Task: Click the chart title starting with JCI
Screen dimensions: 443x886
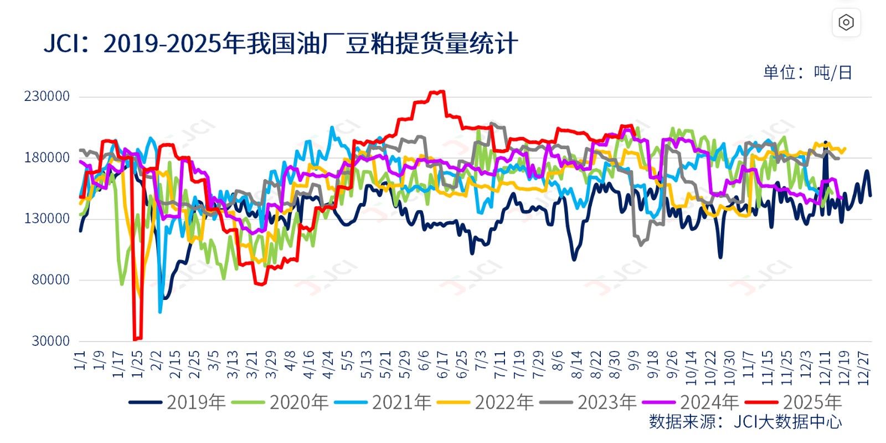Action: pos(281,44)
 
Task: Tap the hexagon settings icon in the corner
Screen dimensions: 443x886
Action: pos(846,23)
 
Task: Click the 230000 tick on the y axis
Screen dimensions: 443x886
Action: pos(47,96)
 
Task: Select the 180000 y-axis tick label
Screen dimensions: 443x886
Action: pos(47,157)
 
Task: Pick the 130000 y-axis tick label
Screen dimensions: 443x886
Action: pos(47,218)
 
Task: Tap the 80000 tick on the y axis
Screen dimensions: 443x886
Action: pos(50,280)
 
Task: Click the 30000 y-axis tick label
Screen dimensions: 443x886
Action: pos(50,341)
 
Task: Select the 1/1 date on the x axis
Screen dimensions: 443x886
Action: pos(81,360)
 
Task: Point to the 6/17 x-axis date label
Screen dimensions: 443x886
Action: pos(442,364)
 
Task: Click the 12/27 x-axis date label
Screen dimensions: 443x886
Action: pos(863,368)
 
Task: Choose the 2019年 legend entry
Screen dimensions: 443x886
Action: pos(177,403)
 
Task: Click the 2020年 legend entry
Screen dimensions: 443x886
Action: pos(280,403)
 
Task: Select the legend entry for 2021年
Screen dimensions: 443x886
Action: pos(383,403)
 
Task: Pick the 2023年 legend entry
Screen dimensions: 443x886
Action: pos(588,403)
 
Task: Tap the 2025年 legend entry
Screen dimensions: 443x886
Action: pos(794,403)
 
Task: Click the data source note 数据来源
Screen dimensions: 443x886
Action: pos(745,422)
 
